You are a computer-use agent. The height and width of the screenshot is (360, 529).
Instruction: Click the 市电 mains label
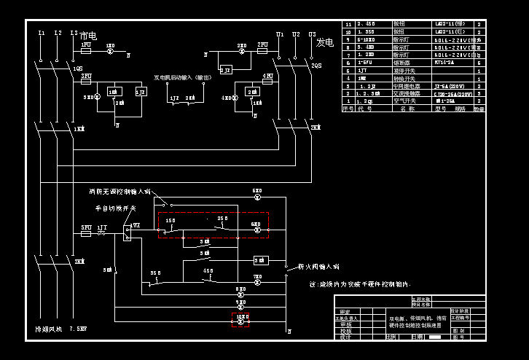pyautogui.click(x=88, y=36)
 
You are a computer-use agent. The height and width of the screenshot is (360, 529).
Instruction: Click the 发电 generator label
pyautogui.click(x=324, y=43)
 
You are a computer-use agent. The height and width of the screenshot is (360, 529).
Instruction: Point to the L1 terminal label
pyautogui.click(x=41, y=34)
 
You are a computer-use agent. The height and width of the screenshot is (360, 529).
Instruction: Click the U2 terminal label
pyautogui.click(x=296, y=34)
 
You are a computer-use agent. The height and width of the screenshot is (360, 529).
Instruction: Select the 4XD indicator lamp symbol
pyautogui.click(x=234, y=97)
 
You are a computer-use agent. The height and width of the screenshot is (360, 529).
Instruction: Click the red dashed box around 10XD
pyautogui.click(x=240, y=320)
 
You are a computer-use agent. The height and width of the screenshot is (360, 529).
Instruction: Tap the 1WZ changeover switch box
pyautogui.click(x=127, y=233)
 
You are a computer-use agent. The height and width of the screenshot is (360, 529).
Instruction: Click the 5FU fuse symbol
pyautogui.click(x=86, y=233)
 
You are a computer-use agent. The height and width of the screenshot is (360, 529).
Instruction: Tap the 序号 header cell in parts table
pyautogui.click(x=348, y=109)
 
